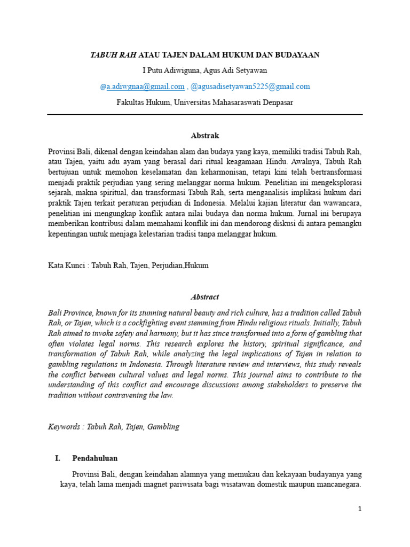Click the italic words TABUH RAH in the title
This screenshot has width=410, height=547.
tap(114, 54)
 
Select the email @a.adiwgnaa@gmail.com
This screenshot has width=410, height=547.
tap(142, 87)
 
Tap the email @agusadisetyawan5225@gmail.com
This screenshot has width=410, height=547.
tap(250, 87)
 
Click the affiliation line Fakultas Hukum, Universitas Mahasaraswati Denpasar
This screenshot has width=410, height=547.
tap(204, 102)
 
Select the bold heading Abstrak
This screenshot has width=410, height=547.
tap(205, 136)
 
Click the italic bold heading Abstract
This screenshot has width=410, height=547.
tap(205, 297)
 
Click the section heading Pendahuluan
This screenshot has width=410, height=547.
tap(95, 458)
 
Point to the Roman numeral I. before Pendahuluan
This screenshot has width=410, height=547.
tap(58, 458)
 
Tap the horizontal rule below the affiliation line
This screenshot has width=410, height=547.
tap(205, 114)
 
